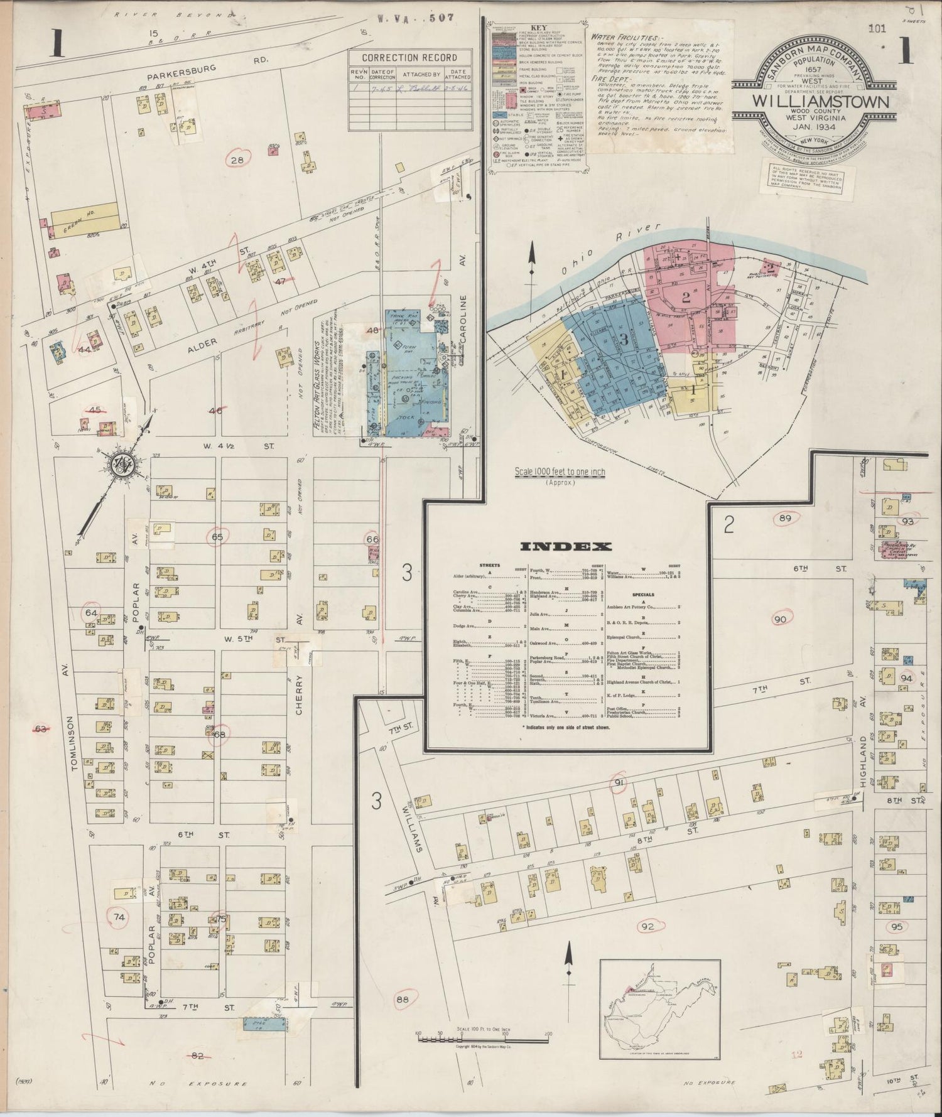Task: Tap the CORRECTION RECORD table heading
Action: click(x=409, y=58)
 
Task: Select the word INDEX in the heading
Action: click(x=571, y=546)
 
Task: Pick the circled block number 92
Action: click(x=648, y=926)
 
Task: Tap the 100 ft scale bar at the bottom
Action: click(x=482, y=1039)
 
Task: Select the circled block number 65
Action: click(x=217, y=537)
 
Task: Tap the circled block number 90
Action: click(x=780, y=620)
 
